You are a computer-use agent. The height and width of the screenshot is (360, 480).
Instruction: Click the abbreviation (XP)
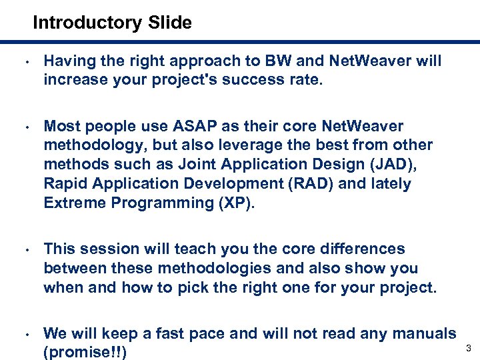(237, 203)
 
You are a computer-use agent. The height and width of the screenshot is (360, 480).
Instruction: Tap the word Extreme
(75, 203)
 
